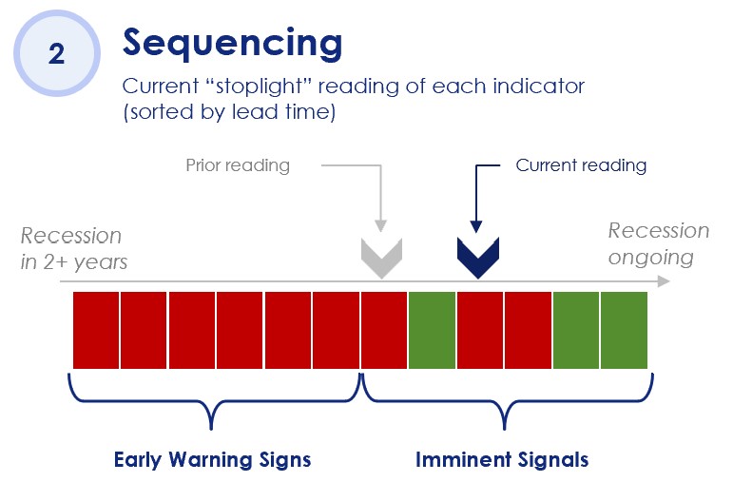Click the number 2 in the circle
[x=56, y=54]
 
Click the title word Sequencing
[x=232, y=43]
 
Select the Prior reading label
[x=238, y=165]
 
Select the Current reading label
[x=581, y=165]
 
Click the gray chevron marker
[x=381, y=258]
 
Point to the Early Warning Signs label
[x=212, y=459]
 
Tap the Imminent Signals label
[x=502, y=459]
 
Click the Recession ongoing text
[x=658, y=243]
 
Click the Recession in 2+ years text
[x=73, y=249]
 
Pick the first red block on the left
[x=96, y=330]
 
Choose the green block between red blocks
[x=432, y=330]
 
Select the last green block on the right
[x=624, y=330]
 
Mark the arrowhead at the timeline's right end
[x=664, y=281]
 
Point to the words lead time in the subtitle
[x=283, y=112]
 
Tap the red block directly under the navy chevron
[x=479, y=330]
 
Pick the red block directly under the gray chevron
[x=384, y=330]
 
